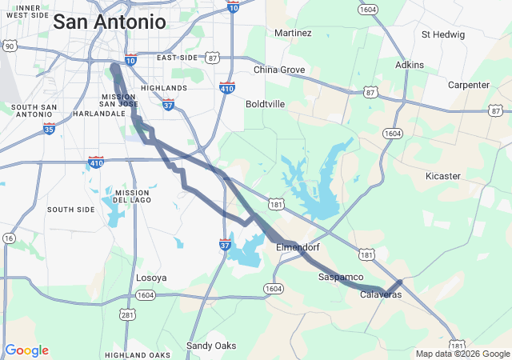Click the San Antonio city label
coord(110,22)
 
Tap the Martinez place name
coord(293,34)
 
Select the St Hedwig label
coord(442,34)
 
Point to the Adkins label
coord(410,65)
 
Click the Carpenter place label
coord(469,85)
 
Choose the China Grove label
coord(279,70)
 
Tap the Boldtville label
coord(266,104)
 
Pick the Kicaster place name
coord(443,176)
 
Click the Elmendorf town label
coord(298,247)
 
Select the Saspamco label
coord(342,277)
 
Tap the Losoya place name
coord(150,278)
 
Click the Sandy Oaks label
coord(211,346)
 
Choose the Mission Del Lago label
coord(132,197)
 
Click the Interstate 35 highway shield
coord(49,128)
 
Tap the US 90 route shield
coord(8,47)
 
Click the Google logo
coord(26,350)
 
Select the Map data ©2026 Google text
coord(462,354)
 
